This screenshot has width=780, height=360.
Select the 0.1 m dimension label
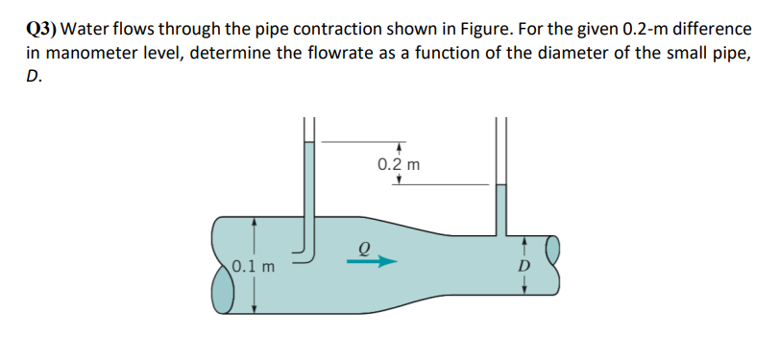(x=253, y=266)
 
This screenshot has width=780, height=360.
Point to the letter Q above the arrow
(x=363, y=245)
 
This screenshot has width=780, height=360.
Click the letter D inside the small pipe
(x=524, y=265)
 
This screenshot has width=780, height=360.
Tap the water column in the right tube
(x=501, y=206)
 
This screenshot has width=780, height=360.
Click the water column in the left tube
(x=308, y=182)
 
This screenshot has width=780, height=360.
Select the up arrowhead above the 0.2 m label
(x=398, y=147)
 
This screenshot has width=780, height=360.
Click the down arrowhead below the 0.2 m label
(x=398, y=180)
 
